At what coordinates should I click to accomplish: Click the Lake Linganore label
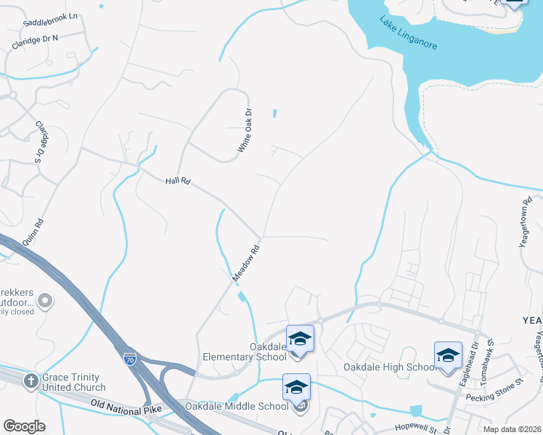[x=408, y=33]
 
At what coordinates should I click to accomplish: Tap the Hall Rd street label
[x=176, y=179]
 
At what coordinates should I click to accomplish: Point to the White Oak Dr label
[x=245, y=130]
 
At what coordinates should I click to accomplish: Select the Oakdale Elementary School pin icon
[x=300, y=340]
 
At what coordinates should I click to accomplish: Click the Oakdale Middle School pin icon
[x=296, y=387]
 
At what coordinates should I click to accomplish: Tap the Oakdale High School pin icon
[x=448, y=356]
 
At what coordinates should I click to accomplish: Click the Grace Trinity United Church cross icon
[x=31, y=381]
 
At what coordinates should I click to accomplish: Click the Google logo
[x=24, y=426]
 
